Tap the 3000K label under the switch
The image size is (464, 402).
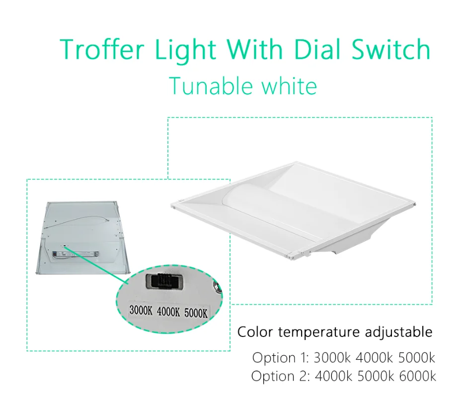142,313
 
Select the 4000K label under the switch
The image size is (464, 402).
168,313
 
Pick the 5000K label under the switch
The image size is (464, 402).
195,313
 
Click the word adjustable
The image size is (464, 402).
398,332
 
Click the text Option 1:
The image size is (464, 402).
281,357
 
